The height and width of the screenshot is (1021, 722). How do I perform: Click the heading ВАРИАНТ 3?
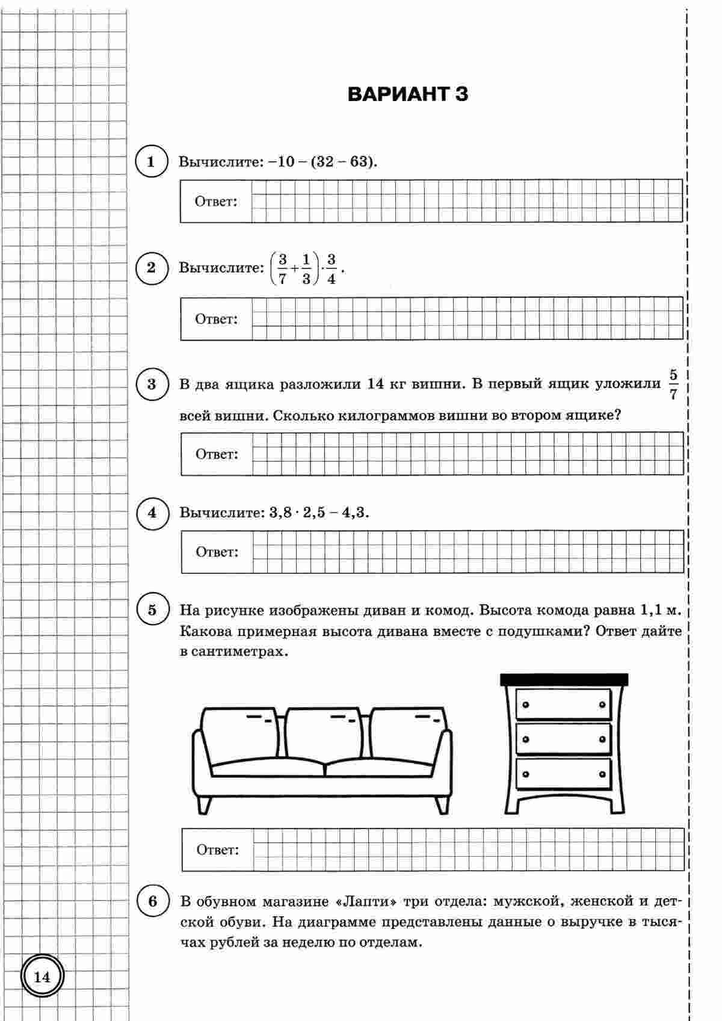pyautogui.click(x=408, y=94)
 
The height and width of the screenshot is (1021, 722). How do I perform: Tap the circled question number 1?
pyautogui.click(x=151, y=161)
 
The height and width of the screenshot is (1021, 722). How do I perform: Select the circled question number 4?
pyautogui.click(x=152, y=513)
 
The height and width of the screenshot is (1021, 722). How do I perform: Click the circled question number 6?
pyautogui.click(x=152, y=901)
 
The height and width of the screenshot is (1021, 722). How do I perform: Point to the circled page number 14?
pyautogui.click(x=42, y=977)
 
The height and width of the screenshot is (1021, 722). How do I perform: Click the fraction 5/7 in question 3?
pyautogui.click(x=673, y=385)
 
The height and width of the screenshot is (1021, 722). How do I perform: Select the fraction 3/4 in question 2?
pyautogui.click(x=331, y=268)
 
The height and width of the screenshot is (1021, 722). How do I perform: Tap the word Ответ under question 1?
pyautogui.click(x=215, y=202)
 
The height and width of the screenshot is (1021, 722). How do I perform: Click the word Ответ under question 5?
pyautogui.click(x=217, y=850)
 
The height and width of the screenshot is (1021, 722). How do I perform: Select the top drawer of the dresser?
pyautogui.click(x=563, y=705)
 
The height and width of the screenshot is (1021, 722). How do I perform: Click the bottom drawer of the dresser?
pyautogui.click(x=563, y=773)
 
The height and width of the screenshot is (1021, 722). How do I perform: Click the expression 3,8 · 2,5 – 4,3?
pyautogui.click(x=319, y=513)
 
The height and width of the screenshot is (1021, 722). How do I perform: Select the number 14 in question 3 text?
pyautogui.click(x=374, y=384)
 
